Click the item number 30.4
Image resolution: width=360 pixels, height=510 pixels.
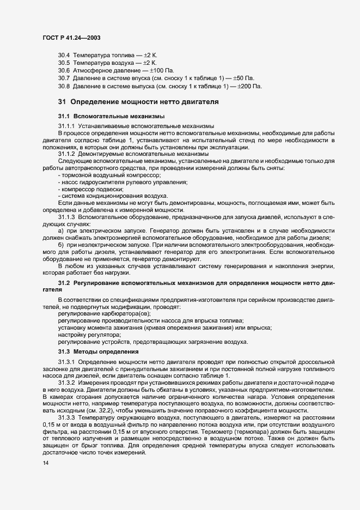coord(64,56)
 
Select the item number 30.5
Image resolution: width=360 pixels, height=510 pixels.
coord(64,63)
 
